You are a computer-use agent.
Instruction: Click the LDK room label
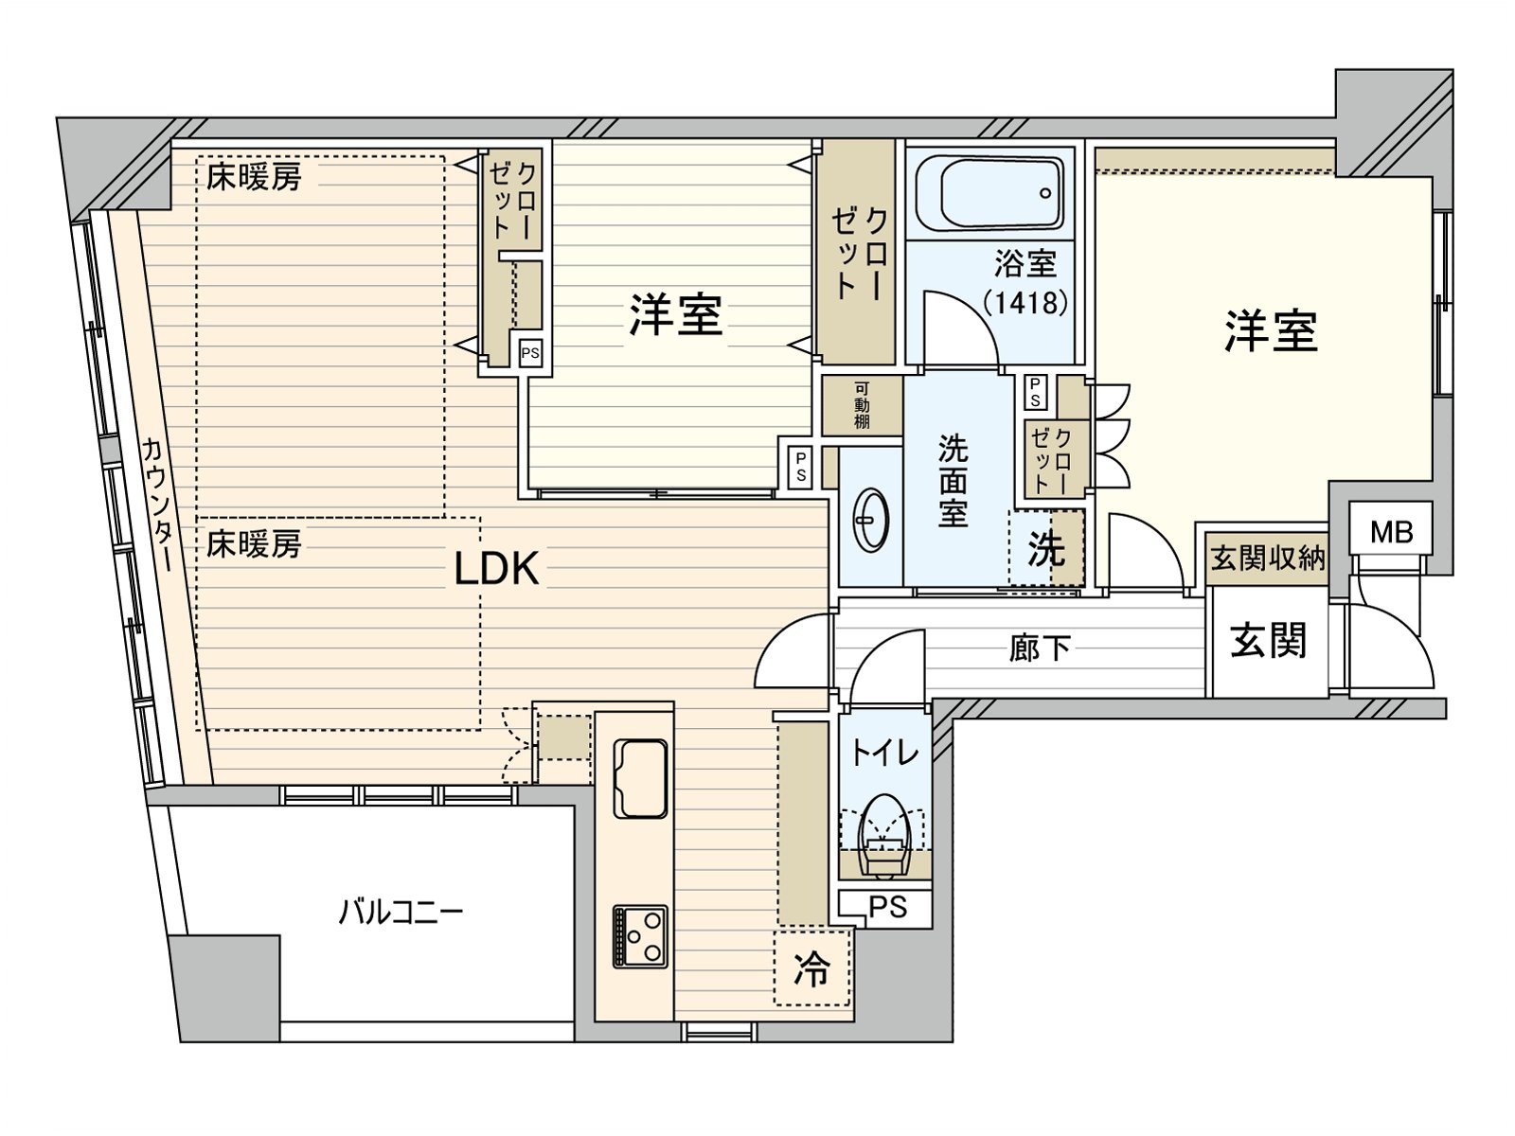pos(496,568)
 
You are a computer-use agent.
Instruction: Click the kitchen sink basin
pos(640,776)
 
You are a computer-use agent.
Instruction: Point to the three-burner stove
pos(640,936)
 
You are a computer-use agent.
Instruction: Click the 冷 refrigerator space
pos(811,968)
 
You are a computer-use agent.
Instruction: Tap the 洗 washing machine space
pos(1046,549)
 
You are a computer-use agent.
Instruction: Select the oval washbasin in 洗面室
pos(870,521)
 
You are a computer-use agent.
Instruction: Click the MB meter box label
pos(1391,532)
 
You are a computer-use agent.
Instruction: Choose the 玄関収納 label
pos(1268,558)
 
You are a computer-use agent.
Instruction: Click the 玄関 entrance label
pos(1268,641)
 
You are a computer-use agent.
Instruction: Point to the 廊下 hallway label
pos(1040,648)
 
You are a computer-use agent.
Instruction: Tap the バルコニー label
pos(401,913)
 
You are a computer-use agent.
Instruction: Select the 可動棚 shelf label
pos(862,405)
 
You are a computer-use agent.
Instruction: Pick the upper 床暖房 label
pos(254,177)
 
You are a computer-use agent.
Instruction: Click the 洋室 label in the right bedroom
pos(1270,331)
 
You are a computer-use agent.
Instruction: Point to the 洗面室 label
pos(953,481)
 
